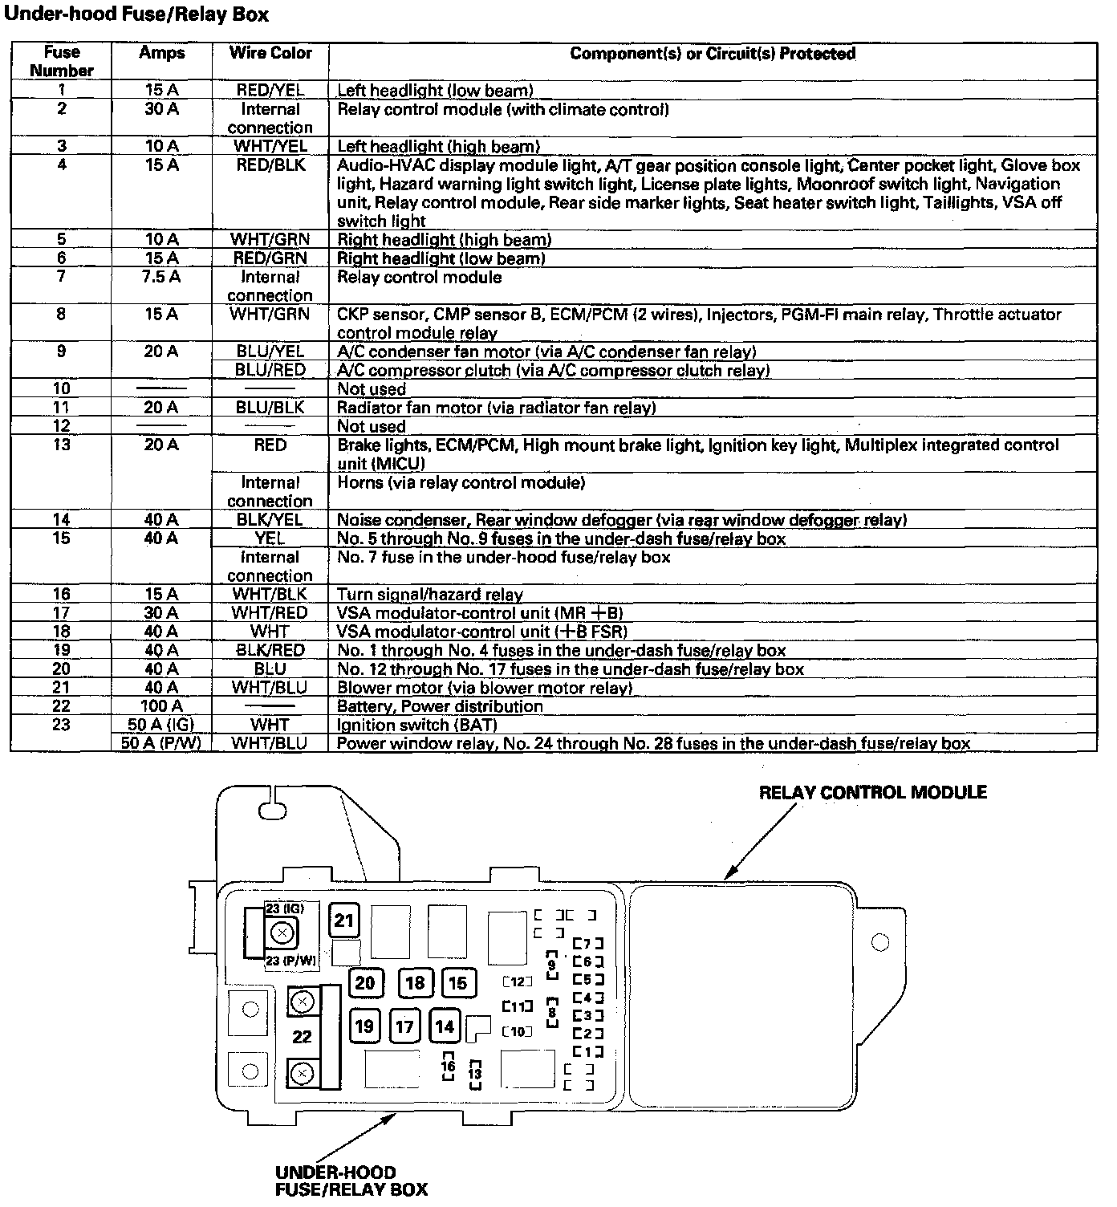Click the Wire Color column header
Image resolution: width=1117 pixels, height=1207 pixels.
pyautogui.click(x=270, y=53)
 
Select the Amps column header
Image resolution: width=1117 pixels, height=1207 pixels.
pyautogui.click(x=161, y=53)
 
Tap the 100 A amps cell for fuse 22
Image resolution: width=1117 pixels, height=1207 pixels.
pyautogui.click(x=161, y=706)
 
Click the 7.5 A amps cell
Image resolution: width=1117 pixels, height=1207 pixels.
pyautogui.click(x=161, y=277)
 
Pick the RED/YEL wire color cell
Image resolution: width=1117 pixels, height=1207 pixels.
pyautogui.click(x=270, y=91)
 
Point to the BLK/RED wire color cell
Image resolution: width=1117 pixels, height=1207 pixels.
pyautogui.click(x=270, y=650)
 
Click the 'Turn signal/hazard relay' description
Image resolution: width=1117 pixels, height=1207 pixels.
pyautogui.click(x=430, y=595)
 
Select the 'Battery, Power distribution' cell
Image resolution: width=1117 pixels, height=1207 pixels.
pyautogui.click(x=440, y=706)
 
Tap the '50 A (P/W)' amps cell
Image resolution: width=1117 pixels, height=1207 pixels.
pyautogui.click(x=161, y=743)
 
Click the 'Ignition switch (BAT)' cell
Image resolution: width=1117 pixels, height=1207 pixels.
pyautogui.click(x=417, y=725)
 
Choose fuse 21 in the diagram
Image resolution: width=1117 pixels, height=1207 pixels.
pyautogui.click(x=344, y=920)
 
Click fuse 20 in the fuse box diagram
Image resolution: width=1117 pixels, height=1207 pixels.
pyautogui.click(x=365, y=983)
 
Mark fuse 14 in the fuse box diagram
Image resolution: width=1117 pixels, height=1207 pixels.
pyautogui.click(x=445, y=1026)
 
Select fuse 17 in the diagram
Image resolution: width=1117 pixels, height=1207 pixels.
pyautogui.click(x=405, y=1026)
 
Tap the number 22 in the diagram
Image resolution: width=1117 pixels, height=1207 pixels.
pyautogui.click(x=302, y=1037)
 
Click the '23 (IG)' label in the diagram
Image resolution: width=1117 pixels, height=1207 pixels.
pyautogui.click(x=284, y=908)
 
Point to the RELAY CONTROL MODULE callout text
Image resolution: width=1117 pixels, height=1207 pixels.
pyautogui.click(x=872, y=793)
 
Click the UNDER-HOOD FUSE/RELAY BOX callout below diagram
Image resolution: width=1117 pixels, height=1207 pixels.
pyautogui.click(x=351, y=1181)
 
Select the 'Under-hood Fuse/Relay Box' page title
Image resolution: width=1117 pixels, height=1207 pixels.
pyautogui.click(x=136, y=14)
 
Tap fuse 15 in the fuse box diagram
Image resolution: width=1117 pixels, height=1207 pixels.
pyautogui.click(x=457, y=983)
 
